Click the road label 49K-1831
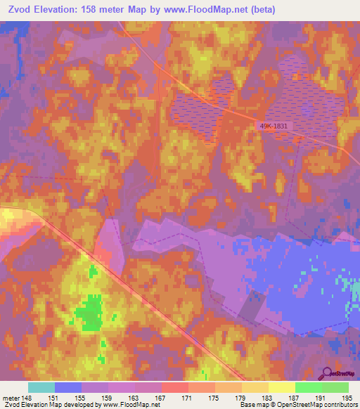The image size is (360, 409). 274,126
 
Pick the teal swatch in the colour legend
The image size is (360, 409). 41,387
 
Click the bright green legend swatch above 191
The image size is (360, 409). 309,387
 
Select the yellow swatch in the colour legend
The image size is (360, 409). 282,387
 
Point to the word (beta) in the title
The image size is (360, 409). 260,9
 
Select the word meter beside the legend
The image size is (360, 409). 11,398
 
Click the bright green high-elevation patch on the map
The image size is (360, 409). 89,313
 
